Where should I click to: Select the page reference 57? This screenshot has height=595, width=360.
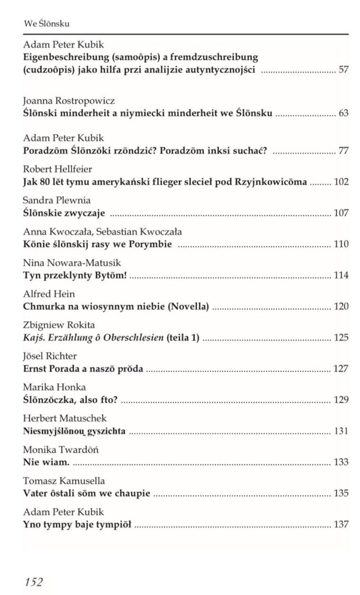coord(343,70)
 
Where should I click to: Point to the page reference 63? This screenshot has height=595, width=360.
coord(343,112)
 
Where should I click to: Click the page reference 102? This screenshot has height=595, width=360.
coord(341,182)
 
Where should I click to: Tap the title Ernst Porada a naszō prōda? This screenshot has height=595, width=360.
coord(83,368)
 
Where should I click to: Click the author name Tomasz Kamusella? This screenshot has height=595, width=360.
coord(64,481)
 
